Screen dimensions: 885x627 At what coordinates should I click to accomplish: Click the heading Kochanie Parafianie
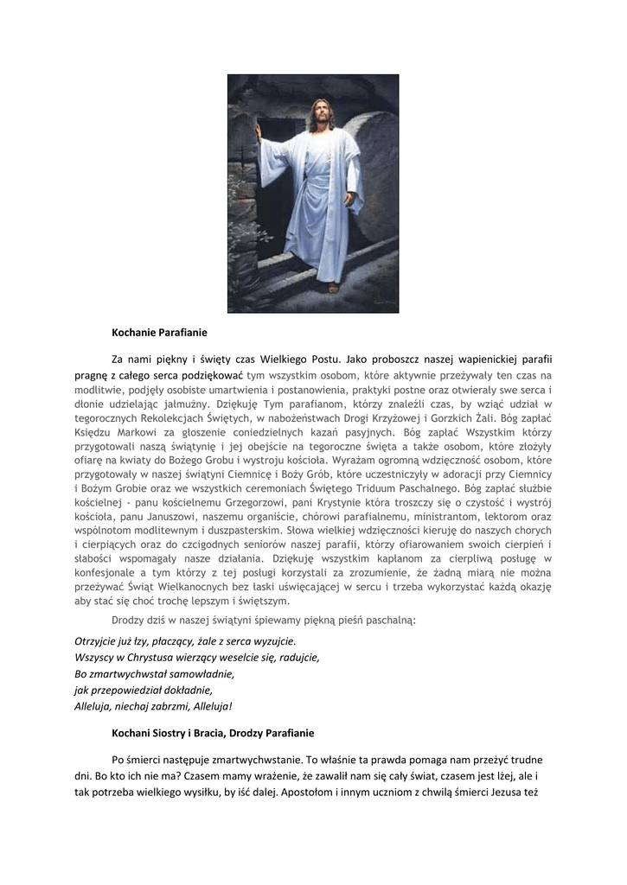pos(159,331)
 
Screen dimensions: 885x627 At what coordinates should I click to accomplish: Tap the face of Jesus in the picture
pos(321,114)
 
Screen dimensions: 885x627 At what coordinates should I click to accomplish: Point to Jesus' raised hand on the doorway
pos(258,133)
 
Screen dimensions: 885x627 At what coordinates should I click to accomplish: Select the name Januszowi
pos(178,518)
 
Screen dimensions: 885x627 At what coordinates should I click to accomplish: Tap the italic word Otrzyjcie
pos(98,641)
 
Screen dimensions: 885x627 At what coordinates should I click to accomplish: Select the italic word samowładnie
pos(201,673)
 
